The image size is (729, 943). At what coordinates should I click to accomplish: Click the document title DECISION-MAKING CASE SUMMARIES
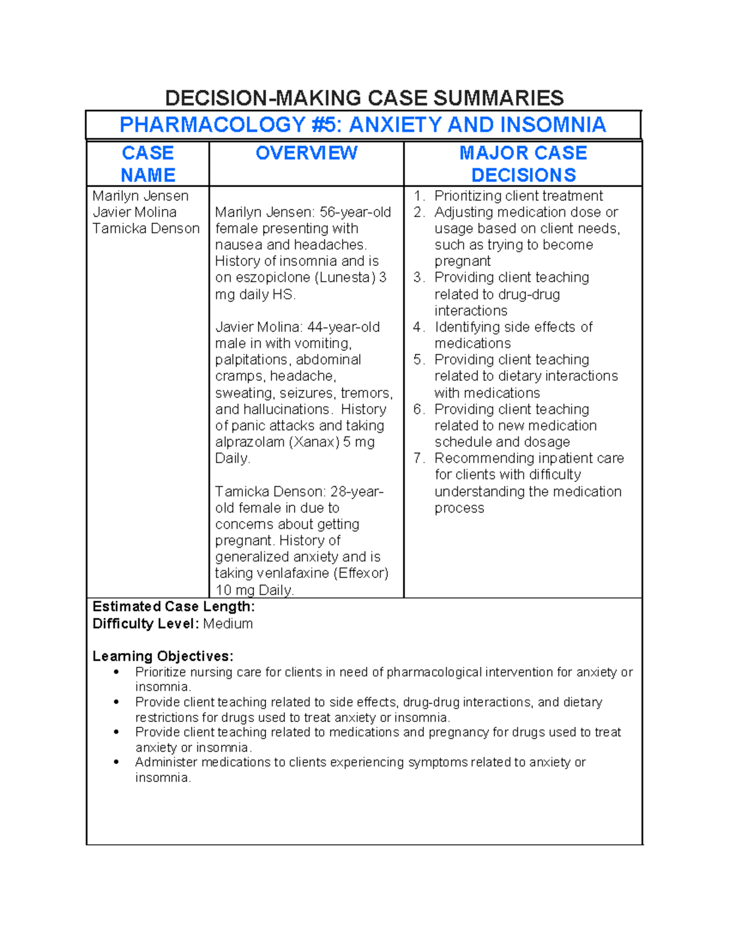(x=364, y=98)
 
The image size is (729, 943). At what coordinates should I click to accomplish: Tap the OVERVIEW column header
(x=306, y=153)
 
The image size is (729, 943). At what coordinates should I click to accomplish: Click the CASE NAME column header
(x=148, y=164)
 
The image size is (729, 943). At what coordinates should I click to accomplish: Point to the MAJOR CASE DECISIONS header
(x=523, y=164)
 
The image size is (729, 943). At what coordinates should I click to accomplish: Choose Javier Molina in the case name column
(x=134, y=213)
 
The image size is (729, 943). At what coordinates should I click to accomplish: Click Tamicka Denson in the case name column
(x=146, y=229)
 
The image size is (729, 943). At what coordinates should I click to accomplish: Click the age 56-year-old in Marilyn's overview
(x=355, y=213)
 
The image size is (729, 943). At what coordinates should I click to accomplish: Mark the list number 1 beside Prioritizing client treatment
(x=418, y=196)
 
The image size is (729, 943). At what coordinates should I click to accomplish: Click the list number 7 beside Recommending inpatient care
(x=418, y=458)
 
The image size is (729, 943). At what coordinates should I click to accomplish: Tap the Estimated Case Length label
(x=173, y=607)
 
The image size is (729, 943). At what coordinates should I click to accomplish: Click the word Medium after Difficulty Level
(x=228, y=624)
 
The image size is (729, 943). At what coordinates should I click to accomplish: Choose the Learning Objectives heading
(x=163, y=656)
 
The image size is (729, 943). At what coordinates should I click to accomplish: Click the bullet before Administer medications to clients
(x=117, y=763)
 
